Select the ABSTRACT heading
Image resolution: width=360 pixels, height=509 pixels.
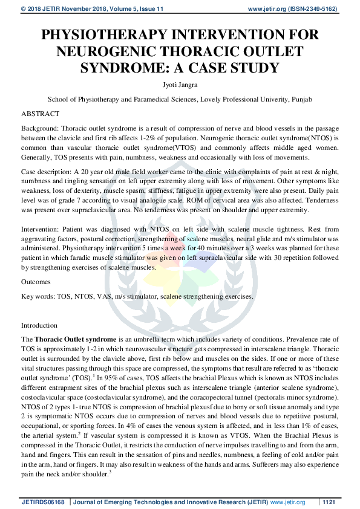coord(40,114)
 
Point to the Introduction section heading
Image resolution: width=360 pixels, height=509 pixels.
coord(39,325)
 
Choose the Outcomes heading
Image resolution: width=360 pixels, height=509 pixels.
coord(36,282)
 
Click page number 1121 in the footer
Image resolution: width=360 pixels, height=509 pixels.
coord(329,502)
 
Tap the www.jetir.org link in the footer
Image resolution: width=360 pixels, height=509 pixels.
coord(287,502)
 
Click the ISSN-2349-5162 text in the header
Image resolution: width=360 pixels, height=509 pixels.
coord(315,9)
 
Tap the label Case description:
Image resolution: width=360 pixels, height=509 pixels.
coord(47,172)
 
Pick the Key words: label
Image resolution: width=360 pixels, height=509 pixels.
coord(38,296)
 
